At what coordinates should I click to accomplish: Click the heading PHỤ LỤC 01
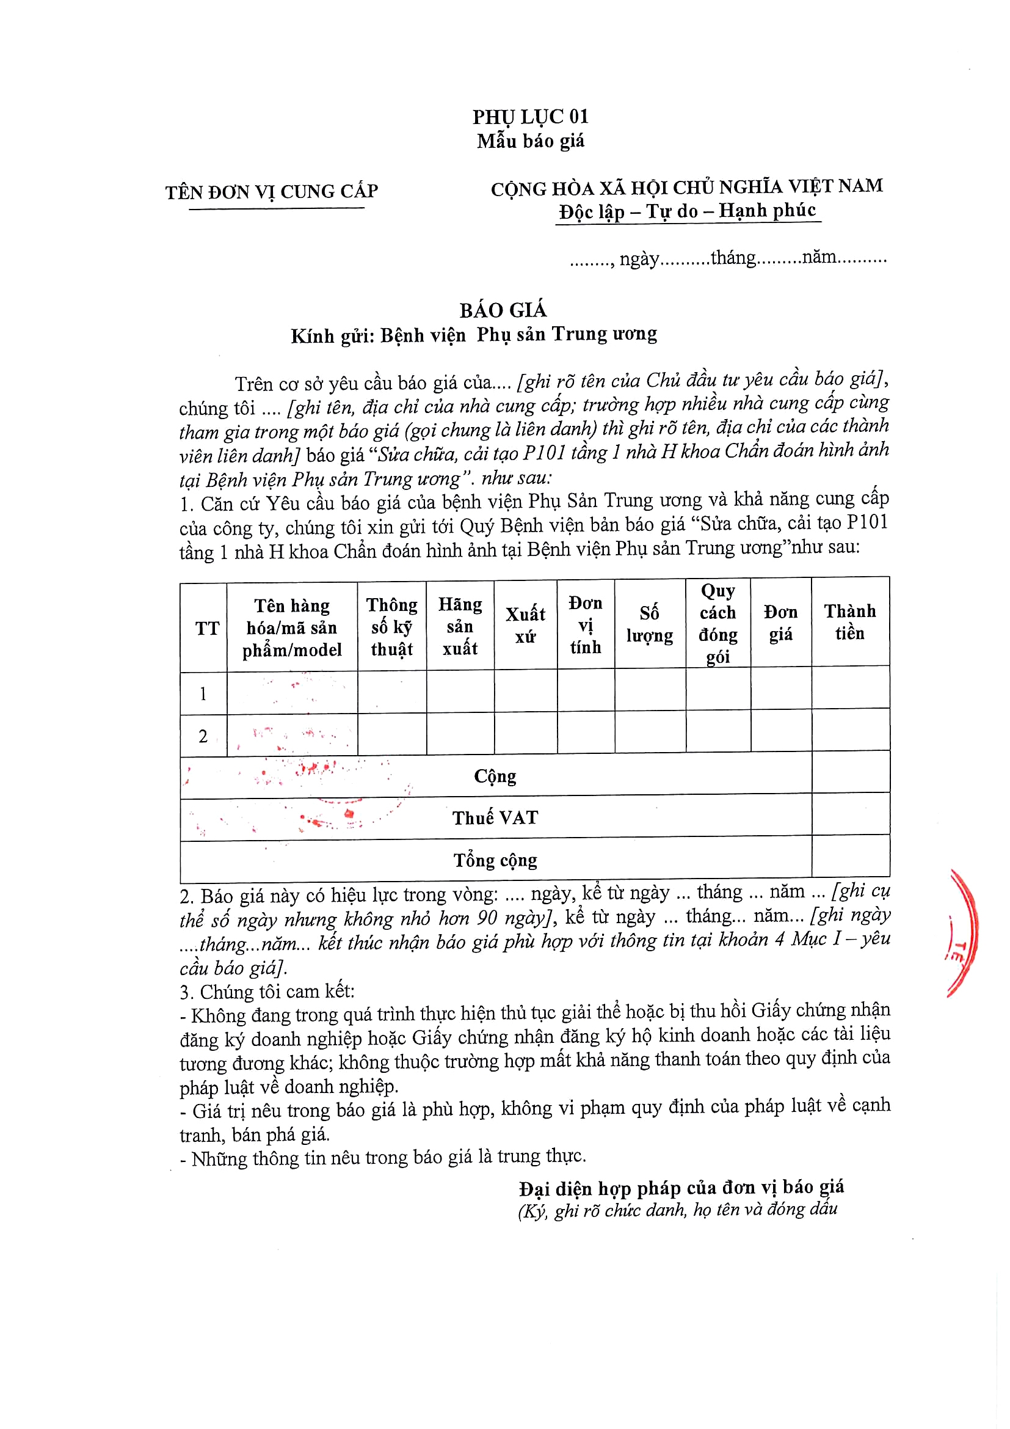(530, 117)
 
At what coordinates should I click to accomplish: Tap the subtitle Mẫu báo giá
(530, 141)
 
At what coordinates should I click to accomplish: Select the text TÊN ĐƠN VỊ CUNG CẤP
(272, 191)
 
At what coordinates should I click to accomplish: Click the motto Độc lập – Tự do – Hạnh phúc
(687, 211)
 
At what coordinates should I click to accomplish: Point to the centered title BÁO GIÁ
(503, 310)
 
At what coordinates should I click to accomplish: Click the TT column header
(207, 628)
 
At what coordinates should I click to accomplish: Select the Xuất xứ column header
(525, 625)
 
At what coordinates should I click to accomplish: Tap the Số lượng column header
(649, 624)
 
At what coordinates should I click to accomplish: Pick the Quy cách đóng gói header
(718, 623)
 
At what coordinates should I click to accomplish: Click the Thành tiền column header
(849, 622)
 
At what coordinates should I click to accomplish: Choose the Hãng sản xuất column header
(460, 626)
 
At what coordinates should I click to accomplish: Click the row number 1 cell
(203, 693)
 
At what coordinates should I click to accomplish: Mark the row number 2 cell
(203, 736)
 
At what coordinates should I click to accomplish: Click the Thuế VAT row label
(495, 817)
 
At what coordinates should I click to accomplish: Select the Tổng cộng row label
(495, 860)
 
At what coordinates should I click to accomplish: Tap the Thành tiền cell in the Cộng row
(850, 772)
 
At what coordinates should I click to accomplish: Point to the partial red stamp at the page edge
(963, 934)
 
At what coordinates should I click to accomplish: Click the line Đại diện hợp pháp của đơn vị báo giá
(681, 1188)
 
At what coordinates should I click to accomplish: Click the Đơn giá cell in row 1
(780, 688)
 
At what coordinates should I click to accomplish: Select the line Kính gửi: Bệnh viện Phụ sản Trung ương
(474, 335)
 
